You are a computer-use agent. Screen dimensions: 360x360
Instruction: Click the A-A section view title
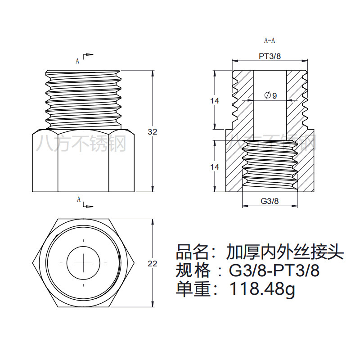(x=269, y=40)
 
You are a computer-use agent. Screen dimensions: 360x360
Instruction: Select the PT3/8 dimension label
(x=270, y=56)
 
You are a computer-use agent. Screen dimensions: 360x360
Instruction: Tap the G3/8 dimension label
(x=270, y=201)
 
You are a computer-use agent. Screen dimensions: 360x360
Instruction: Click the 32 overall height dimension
(x=153, y=132)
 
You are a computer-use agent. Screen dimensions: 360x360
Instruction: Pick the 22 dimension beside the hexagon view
(x=153, y=264)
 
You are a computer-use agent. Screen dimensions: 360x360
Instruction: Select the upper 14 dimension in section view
(x=215, y=101)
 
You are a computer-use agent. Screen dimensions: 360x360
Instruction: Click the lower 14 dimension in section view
(x=215, y=167)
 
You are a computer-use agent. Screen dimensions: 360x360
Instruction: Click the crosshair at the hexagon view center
(x=83, y=262)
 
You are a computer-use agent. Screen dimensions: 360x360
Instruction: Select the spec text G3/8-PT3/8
(x=275, y=270)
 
